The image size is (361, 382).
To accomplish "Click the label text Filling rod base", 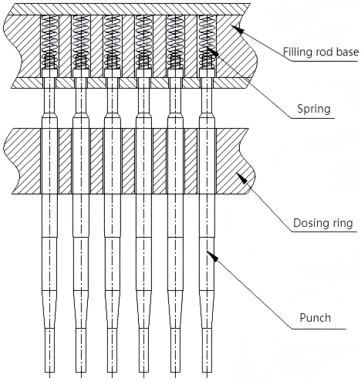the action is pyautogui.click(x=321, y=52).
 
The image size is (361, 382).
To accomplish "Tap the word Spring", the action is pyautogui.click(x=314, y=109).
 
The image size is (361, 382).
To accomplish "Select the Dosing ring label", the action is pyautogui.click(x=323, y=223).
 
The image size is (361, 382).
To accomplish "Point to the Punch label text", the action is pyautogui.click(x=315, y=318).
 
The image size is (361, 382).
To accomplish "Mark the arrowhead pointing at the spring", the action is pyautogui.click(x=213, y=51).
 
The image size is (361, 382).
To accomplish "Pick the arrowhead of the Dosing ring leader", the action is pyautogui.click(x=241, y=178).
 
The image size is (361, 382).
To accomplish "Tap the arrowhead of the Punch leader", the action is pyautogui.click(x=213, y=256).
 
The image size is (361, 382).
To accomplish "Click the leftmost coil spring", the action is pyautogui.click(x=49, y=42).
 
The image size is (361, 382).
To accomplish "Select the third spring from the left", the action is pyautogui.click(x=113, y=42).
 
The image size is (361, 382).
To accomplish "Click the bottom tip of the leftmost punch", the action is pyautogui.click(x=49, y=373).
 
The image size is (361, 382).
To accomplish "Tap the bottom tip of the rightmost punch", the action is pyautogui.click(x=207, y=373).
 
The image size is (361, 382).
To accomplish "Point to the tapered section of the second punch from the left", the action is pyautogui.click(x=81, y=309).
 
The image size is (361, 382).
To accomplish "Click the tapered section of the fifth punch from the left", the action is pyautogui.click(x=175, y=309).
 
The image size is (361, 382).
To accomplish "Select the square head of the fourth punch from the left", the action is pyautogui.click(x=144, y=73).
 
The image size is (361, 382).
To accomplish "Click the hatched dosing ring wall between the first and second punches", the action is pyautogui.click(x=66, y=161).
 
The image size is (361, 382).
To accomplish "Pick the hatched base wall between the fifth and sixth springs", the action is pyautogui.click(x=191, y=46).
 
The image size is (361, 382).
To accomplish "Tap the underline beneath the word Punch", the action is pyautogui.click(x=319, y=329).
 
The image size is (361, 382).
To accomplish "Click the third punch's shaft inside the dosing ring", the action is pyautogui.click(x=113, y=161).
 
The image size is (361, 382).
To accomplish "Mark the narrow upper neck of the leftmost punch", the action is pyautogui.click(x=49, y=95).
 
